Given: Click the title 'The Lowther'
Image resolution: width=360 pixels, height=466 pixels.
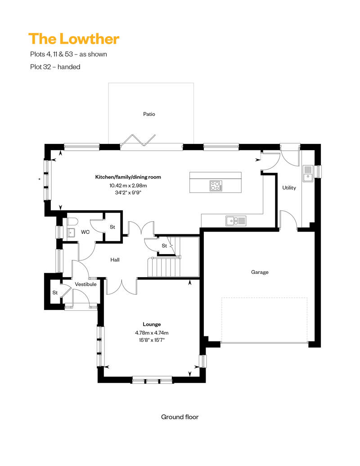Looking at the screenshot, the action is tap(74, 39).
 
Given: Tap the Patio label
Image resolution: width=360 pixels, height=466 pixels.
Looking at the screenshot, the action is tap(149, 114).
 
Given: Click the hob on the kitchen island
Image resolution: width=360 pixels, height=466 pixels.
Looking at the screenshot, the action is tap(216, 186).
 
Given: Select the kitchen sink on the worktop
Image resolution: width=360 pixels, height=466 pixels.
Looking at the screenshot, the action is tap(236, 221).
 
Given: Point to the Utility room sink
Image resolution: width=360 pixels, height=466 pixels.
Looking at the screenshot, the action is tap(308, 173).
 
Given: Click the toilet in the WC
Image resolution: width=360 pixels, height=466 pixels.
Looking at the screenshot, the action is tap(72, 222).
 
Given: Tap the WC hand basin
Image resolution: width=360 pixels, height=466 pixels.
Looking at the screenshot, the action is tap(71, 232).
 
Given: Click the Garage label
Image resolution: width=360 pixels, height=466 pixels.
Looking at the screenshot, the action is tap(260, 272).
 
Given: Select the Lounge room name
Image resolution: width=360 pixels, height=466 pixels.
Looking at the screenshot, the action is tap(152, 324).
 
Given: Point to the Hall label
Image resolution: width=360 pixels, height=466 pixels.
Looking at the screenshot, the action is tap(115, 260).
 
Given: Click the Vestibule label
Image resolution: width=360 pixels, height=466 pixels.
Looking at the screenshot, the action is tap(85, 284).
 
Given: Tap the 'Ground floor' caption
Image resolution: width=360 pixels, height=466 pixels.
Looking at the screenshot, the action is tap(180, 417).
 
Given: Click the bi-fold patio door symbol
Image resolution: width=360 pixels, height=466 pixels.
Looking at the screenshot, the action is tap(138, 141).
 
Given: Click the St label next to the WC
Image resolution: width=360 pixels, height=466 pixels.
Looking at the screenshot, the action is tap(112, 227).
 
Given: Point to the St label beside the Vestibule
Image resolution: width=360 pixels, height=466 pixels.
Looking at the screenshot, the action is tap(55, 293).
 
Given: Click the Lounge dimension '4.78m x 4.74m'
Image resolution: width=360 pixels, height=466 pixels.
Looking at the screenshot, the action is tap(152, 333).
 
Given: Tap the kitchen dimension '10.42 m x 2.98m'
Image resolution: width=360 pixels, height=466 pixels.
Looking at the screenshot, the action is tap(128, 185).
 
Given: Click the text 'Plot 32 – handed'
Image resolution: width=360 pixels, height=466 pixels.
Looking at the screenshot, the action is tap(55, 67).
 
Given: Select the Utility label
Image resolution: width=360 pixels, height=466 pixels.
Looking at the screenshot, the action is tap(289, 188).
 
